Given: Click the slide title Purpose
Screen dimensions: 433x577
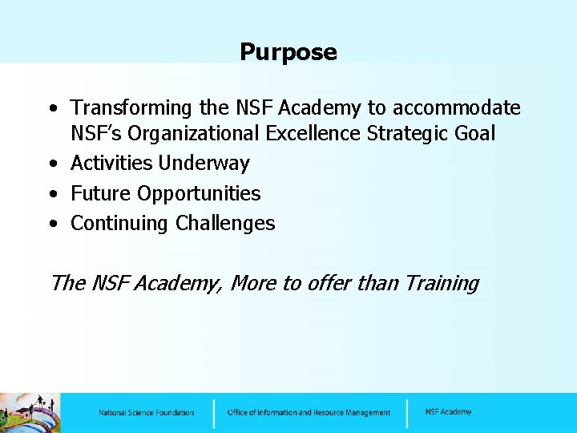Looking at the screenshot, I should tap(288, 53).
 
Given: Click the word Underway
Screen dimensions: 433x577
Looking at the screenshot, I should tap(204, 164).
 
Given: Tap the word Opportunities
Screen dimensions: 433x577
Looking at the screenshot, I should tap(200, 194).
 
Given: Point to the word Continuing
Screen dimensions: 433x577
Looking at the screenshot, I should tap(119, 224).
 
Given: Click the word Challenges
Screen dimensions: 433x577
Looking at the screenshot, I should tap(225, 224).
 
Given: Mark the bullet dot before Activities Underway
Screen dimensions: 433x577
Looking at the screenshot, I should tap(52, 164).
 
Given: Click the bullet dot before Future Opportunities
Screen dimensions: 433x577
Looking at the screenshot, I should tap(52, 194).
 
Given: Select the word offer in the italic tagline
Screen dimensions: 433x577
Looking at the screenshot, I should tap(340, 283).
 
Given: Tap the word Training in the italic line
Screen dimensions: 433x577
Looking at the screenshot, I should tap(442, 284).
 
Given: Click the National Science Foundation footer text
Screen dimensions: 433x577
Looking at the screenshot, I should tap(146, 413).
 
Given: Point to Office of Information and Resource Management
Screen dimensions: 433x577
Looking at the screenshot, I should tap(309, 413).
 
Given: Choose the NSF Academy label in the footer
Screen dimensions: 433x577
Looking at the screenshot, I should tap(448, 412).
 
